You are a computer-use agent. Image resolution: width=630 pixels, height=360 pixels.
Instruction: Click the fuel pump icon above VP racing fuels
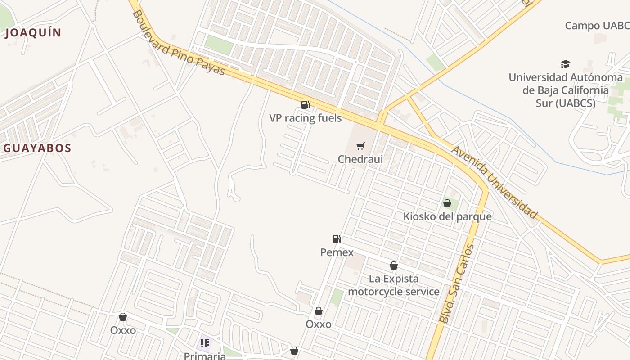coord(305,105)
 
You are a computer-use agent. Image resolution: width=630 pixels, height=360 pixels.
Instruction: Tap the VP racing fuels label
coord(305,118)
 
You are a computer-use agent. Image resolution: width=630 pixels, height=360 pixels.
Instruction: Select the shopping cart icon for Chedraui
coord(360,146)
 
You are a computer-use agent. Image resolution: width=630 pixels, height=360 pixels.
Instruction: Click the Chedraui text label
coord(360,159)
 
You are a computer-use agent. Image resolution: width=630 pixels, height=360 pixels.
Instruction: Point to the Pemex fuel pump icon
coord(337,239)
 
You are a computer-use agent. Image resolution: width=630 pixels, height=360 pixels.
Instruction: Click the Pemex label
coord(337,252)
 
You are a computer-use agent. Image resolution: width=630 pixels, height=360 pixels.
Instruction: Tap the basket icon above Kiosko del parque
coord(447,203)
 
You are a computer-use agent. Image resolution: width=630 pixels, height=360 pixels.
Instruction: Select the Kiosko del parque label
coord(447,216)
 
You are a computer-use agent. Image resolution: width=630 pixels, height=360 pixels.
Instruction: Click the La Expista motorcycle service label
coord(393,285)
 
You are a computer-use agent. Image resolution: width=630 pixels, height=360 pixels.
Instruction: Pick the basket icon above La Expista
coord(393,265)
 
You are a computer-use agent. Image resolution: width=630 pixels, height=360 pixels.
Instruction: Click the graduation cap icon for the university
coord(565,64)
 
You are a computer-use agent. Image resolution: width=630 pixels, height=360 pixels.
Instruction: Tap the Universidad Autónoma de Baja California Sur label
coord(565,90)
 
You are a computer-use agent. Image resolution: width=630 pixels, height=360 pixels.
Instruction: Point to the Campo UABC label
coord(597,26)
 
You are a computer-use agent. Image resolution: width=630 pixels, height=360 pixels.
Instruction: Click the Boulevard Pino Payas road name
coord(178,43)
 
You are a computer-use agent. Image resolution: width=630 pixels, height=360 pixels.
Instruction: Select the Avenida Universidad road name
coord(495,182)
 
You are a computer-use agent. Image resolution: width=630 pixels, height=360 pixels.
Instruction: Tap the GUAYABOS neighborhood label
coord(37,148)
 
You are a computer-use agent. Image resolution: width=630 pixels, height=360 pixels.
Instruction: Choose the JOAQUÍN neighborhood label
coord(33,32)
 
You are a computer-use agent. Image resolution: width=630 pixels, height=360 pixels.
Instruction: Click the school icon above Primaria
coord(205,344)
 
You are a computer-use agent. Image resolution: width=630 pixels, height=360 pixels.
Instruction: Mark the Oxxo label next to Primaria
coord(123,330)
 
